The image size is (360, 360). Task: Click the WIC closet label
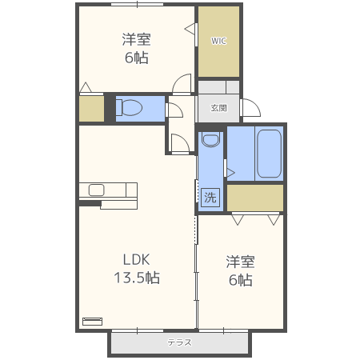(218, 41)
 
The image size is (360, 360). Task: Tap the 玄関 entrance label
(218, 108)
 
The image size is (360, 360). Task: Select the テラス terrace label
(179, 342)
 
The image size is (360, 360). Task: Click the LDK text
(136, 259)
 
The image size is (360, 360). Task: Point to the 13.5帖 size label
(137, 278)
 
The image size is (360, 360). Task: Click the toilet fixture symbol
(130, 107)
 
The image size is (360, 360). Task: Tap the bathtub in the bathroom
(270, 154)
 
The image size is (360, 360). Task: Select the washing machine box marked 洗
(210, 198)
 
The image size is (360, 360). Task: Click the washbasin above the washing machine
(210, 139)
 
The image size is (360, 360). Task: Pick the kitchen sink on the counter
(97, 190)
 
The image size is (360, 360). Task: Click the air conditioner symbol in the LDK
(93, 322)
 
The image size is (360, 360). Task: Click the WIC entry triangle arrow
(190, 29)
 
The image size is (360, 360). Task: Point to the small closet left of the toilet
(91, 109)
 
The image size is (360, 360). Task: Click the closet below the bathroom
(255, 198)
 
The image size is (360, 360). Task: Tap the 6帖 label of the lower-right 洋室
(241, 280)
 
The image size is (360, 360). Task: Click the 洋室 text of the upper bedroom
(136, 39)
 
